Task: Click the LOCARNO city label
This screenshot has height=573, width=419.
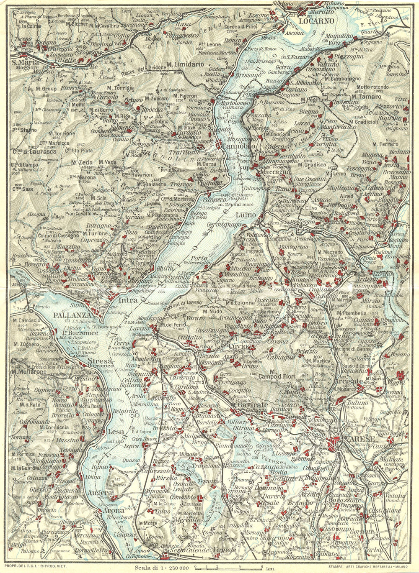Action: [317, 20]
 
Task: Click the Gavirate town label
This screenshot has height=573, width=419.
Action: [252, 405]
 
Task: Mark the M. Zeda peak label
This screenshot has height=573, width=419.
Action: [81, 162]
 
